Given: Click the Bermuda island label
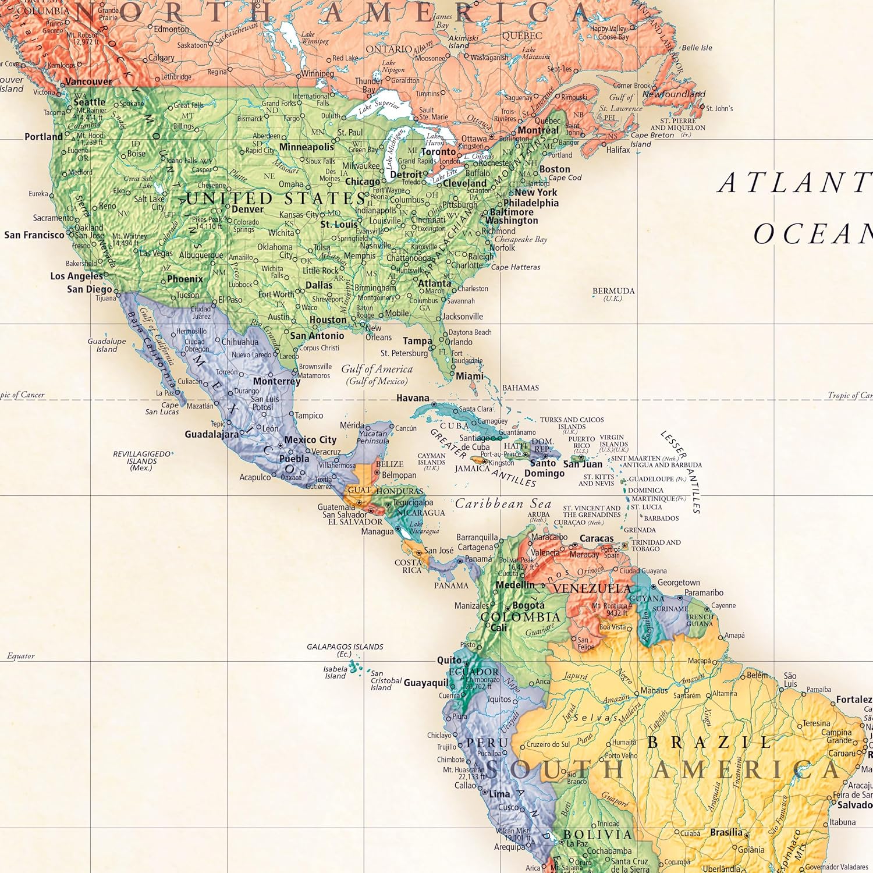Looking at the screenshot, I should [613, 291].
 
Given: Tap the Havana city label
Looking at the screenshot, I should [413, 398].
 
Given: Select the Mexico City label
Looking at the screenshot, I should [310, 440].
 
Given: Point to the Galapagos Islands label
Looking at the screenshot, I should [345, 647].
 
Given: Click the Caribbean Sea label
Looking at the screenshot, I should [503, 504].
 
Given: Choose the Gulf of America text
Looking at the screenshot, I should [377, 369].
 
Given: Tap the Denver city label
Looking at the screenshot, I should [247, 210].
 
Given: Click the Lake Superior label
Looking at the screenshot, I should [379, 107].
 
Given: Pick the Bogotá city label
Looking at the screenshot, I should [528, 605].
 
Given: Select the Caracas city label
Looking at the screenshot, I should [596, 538].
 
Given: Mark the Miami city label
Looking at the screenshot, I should [470, 376].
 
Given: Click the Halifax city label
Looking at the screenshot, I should [618, 150].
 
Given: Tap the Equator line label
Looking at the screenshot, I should [21, 656].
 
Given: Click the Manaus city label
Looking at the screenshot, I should [654, 691].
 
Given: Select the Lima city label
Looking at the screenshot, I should [499, 794].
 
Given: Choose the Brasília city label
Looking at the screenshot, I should [726, 832].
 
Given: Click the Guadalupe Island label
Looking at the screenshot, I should [107, 345].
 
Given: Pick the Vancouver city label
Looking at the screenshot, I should [88, 81].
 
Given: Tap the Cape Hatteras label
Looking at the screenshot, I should [516, 267].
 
